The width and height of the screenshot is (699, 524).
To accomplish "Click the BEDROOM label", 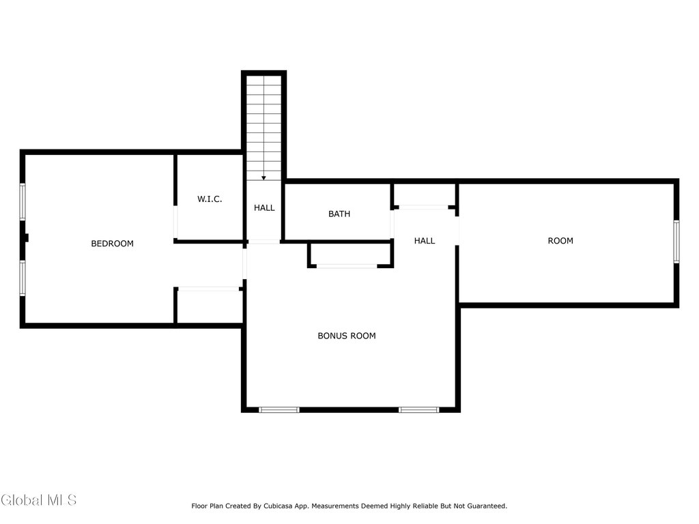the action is pos(113,244).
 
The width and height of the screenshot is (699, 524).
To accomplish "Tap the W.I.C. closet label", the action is pos(210,199).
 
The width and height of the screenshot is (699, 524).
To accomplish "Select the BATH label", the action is pos(339,214).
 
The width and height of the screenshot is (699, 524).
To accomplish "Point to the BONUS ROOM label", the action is pos(346,336).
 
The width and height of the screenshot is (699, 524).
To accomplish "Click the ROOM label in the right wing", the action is pos(560,241).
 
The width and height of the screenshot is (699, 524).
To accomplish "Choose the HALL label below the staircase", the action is pos(264,207).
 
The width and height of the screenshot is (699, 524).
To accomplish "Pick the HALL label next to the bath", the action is pos(425,241).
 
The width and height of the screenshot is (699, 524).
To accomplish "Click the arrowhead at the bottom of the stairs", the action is pos(264,178).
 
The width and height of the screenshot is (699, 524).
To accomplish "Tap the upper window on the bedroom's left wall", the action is pos(23,202).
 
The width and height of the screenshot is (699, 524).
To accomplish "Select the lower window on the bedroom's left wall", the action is pos(23,278).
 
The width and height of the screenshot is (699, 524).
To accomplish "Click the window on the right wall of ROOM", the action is pos(676,242).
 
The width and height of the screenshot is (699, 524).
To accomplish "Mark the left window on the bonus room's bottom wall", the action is pos(279,410).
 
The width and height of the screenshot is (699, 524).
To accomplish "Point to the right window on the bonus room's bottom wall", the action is pos(418,410).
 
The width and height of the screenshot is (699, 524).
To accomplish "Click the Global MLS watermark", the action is pos(38,500).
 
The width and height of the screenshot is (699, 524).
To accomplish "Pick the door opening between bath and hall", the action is pos(393,224).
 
